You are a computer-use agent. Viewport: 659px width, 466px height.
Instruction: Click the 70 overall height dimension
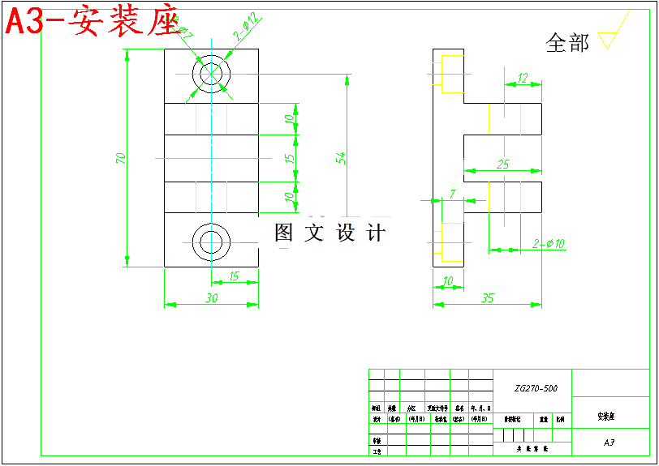point(121,158)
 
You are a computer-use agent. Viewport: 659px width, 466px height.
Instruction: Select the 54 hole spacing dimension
point(342,157)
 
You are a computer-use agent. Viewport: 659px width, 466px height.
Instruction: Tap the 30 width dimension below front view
point(211,298)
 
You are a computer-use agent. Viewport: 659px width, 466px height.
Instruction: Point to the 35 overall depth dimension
point(487,298)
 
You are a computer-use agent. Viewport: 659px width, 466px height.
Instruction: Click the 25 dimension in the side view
point(503,165)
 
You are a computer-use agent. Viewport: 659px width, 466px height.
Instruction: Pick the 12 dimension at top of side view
point(523,78)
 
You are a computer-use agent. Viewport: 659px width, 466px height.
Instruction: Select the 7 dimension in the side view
point(452,194)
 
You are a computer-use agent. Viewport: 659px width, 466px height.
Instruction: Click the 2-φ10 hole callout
point(549,243)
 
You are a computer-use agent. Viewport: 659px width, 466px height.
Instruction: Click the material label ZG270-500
point(536,388)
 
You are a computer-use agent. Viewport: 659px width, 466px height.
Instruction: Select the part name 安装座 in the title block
point(606,417)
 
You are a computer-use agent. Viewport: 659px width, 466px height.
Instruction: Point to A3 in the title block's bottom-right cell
point(609,443)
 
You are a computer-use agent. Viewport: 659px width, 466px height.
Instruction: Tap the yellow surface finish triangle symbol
point(611,38)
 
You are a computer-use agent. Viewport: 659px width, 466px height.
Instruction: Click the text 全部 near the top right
point(567,43)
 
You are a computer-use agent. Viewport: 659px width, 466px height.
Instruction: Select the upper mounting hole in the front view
point(211,73)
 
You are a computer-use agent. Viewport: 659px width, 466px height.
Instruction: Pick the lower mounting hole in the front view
point(211,241)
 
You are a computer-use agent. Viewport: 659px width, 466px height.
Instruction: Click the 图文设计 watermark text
point(329,233)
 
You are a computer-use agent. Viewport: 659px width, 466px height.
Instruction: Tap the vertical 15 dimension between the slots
point(290,158)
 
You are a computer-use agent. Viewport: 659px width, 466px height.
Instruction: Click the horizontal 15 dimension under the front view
point(234,276)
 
